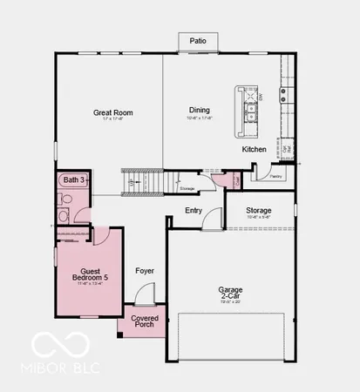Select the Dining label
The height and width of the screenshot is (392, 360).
tap(200, 110)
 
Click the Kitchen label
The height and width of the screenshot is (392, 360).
tap(255, 149)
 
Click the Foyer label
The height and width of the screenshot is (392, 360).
tap(145, 271)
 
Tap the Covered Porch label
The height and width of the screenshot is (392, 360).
tap(145, 322)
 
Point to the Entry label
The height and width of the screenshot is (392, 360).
tap(194, 210)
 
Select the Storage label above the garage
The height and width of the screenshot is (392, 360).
tap(258, 210)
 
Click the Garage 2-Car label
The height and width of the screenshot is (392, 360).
tap(231, 292)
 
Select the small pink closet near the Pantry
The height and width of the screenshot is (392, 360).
tap(236, 180)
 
